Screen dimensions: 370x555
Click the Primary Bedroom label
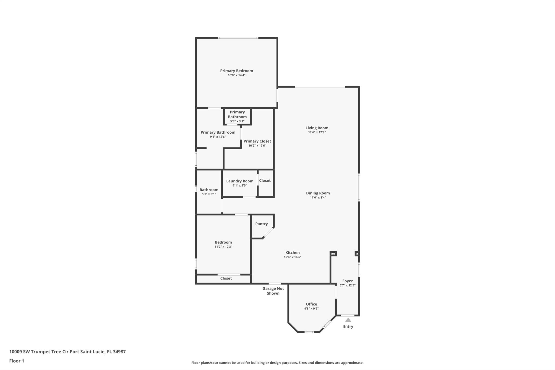236,71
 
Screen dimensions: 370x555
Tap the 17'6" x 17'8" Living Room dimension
317,132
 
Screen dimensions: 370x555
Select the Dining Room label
318,193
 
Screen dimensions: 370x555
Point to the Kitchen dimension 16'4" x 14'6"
292,257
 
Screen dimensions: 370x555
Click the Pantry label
261,224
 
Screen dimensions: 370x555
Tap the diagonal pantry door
269,233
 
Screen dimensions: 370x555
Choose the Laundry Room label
240,181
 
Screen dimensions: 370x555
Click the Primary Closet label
257,141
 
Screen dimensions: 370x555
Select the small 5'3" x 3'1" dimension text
237,121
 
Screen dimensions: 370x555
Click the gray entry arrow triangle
348,320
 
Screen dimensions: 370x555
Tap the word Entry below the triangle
348,326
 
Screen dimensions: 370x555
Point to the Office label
311,304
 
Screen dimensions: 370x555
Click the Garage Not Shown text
273,291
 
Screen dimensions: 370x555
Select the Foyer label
347,281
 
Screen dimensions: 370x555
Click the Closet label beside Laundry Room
265,181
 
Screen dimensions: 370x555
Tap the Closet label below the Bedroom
226,278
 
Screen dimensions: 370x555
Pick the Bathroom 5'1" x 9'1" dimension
209,194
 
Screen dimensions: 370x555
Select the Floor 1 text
17,361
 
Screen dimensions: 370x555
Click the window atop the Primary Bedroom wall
238,38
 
